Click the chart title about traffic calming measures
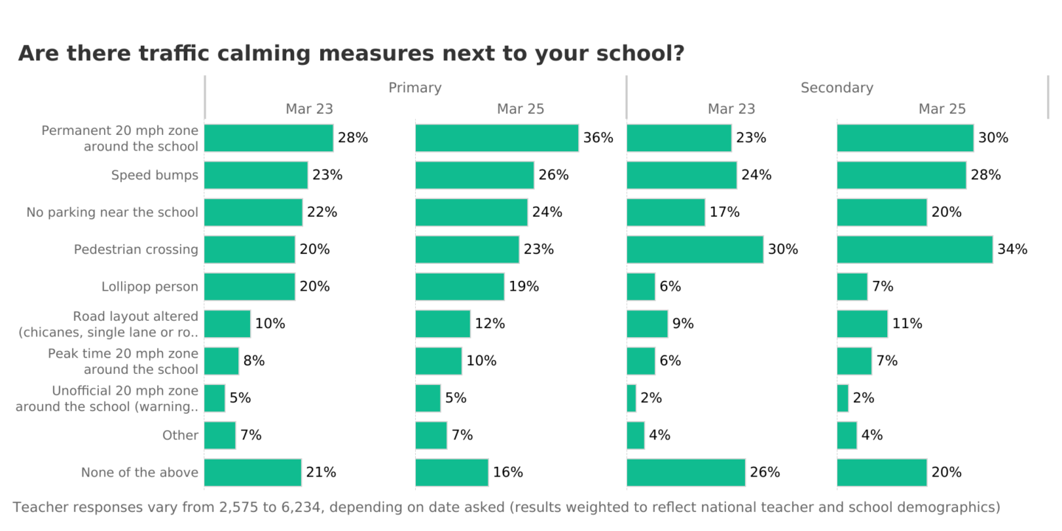pyautogui.click(x=351, y=54)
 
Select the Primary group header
pyautogui.click(x=414, y=88)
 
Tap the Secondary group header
pyautogui.click(x=836, y=88)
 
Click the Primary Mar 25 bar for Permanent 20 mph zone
pyautogui.click(x=496, y=138)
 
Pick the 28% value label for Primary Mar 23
pyautogui.click(x=353, y=138)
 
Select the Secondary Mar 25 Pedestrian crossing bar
pyautogui.click(x=914, y=249)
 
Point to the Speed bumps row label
pyautogui.click(x=154, y=176)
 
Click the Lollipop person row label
pyautogui.click(x=150, y=287)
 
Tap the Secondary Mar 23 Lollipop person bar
pyautogui.click(x=641, y=287)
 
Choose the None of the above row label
pyautogui.click(x=139, y=473)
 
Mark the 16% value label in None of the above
pyautogui.click(x=508, y=473)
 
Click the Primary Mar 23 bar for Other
pyautogui.click(x=220, y=435)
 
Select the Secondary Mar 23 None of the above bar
pyautogui.click(x=686, y=473)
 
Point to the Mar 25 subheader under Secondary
pyautogui.click(x=942, y=109)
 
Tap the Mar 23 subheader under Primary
pyautogui.click(x=309, y=109)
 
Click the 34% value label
pyautogui.click(x=1012, y=249)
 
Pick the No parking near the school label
pyautogui.click(x=112, y=212)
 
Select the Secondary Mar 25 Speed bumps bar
pyautogui.click(x=901, y=176)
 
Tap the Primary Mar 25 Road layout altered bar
pyautogui.click(x=442, y=324)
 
